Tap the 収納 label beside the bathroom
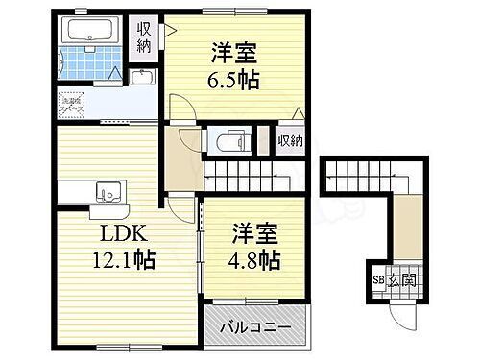[143, 37]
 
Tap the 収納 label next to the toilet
[291, 141]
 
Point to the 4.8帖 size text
[256, 258]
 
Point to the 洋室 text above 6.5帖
[233, 51]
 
